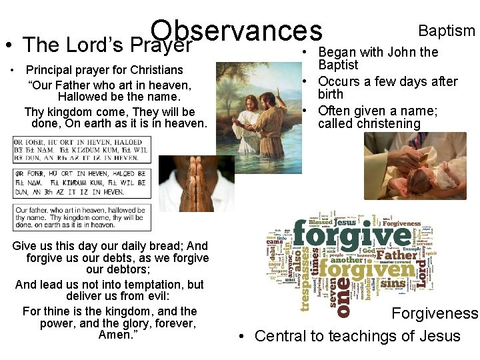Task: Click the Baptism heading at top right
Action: click(x=446, y=31)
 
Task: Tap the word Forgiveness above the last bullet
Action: click(x=435, y=313)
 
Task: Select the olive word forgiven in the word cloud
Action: click(x=366, y=270)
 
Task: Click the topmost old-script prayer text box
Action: click(x=82, y=149)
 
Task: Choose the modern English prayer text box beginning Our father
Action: click(x=82, y=217)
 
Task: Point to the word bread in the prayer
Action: click(x=162, y=246)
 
